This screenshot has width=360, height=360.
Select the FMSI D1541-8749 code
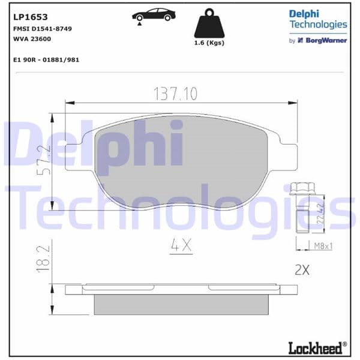tap(42, 28)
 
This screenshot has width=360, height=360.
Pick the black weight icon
tap(209, 24)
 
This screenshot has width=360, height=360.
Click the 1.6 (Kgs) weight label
tap(209, 43)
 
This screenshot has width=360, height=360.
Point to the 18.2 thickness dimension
tap(41, 259)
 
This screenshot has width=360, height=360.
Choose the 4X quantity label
tap(180, 245)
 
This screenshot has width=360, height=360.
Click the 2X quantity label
tap(302, 270)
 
